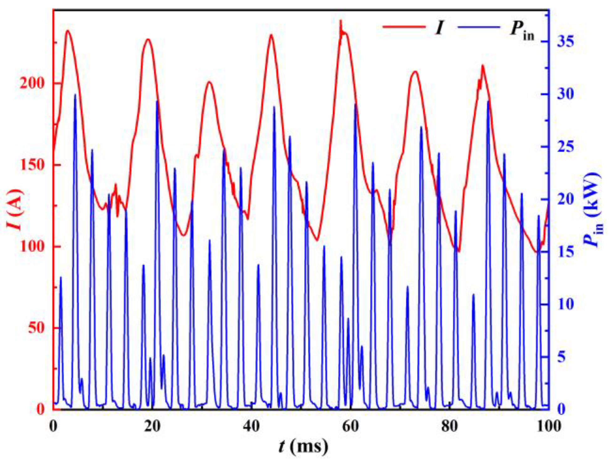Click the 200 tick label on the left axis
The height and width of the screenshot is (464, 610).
point(32,84)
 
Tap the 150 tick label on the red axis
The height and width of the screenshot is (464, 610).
point(32,165)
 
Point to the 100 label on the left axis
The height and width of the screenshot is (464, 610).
point(32,247)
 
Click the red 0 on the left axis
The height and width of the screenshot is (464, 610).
point(40,409)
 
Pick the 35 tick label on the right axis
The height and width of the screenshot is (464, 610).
point(566,41)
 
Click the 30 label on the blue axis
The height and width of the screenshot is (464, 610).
point(566,94)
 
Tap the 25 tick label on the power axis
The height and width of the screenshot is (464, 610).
point(566,147)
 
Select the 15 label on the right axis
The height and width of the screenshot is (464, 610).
point(566,252)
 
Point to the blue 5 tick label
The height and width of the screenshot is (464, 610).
point(562,357)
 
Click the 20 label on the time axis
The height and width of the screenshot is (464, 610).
point(152,427)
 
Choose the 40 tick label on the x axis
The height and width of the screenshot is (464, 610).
point(251,427)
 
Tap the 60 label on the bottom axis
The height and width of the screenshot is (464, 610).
point(350,427)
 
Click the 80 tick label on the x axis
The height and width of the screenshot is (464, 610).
point(449,427)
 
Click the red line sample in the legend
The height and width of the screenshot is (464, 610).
point(404,27)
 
